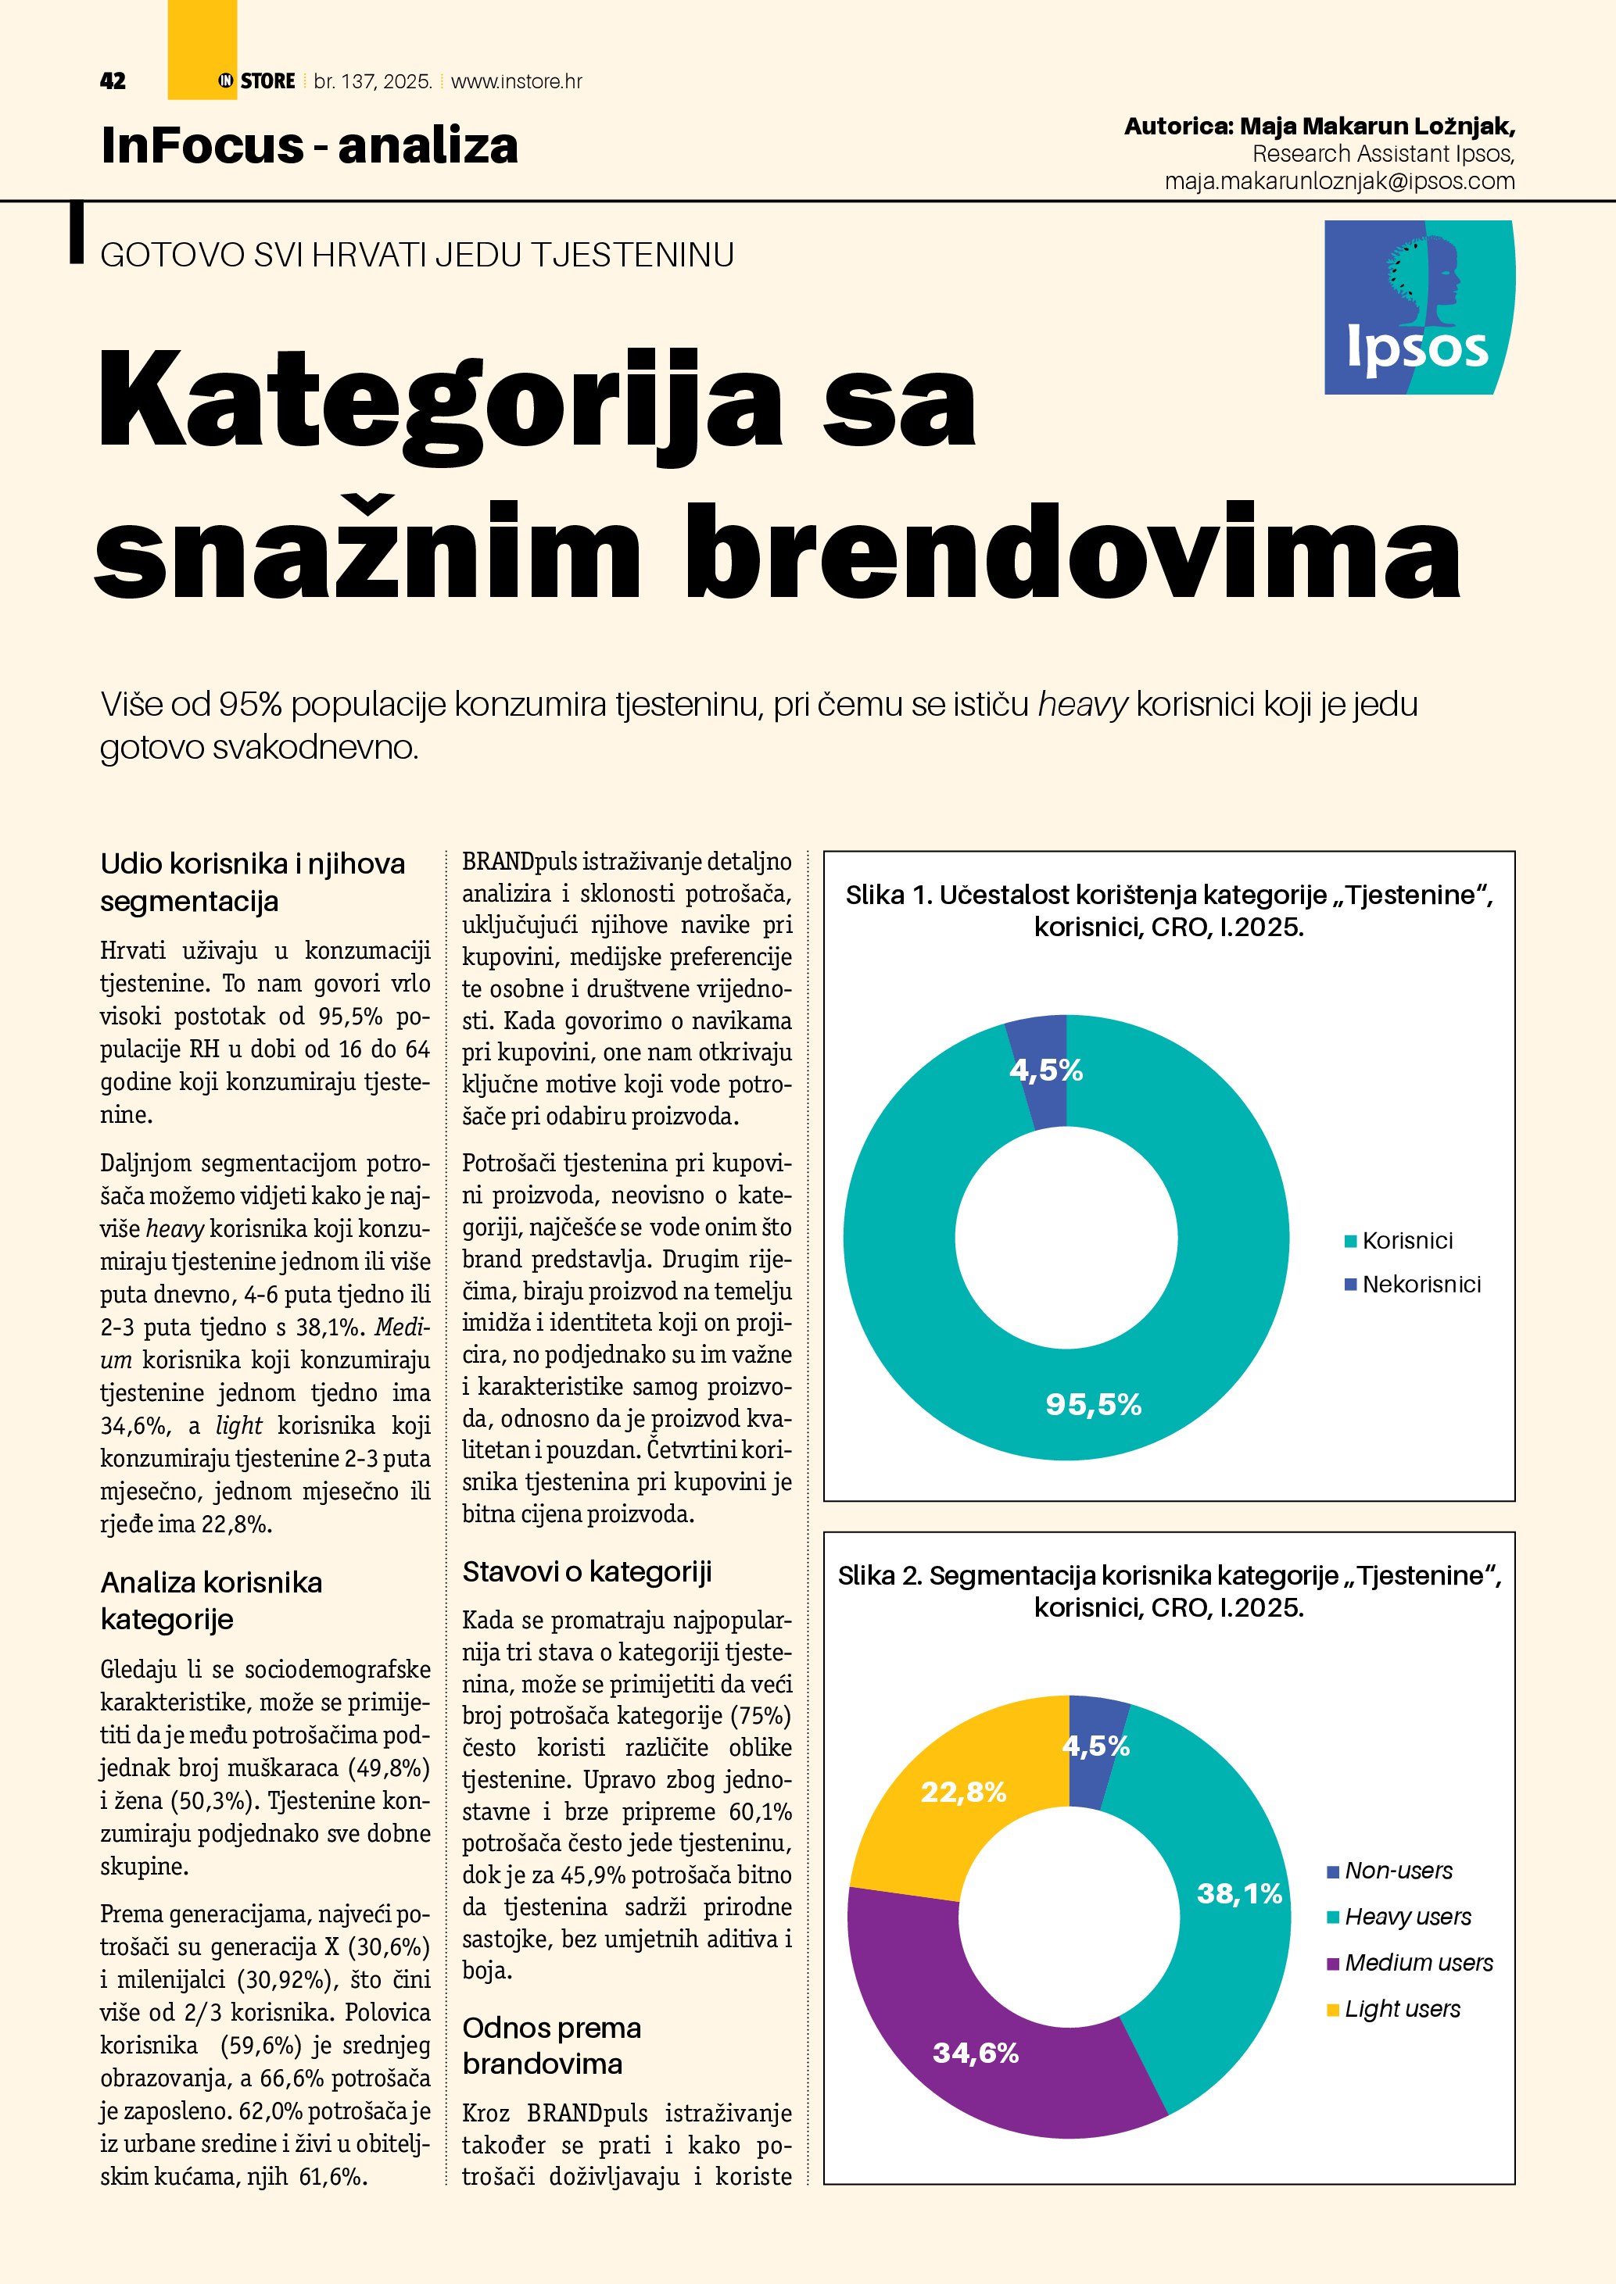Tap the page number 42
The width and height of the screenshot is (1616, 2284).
pyautogui.click(x=113, y=81)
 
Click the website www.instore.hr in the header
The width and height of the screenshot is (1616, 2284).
pyautogui.click(x=517, y=81)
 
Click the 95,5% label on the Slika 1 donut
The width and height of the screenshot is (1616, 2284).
pyautogui.click(x=1093, y=1403)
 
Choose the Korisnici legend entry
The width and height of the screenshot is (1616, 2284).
pyautogui.click(x=1406, y=1241)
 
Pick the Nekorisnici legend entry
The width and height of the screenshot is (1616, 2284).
pyautogui.click(x=1420, y=1285)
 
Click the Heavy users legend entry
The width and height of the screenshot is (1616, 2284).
pyautogui.click(x=1406, y=1916)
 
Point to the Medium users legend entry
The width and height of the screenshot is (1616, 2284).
pyautogui.click(x=1417, y=1963)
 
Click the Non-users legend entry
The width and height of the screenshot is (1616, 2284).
pyautogui.click(x=1397, y=1870)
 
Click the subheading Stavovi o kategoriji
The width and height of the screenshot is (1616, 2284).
pyautogui.click(x=587, y=1571)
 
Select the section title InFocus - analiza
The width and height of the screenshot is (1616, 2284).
pyautogui.click(x=310, y=145)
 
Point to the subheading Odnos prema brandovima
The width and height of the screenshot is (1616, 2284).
pyautogui.click(x=552, y=2045)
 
